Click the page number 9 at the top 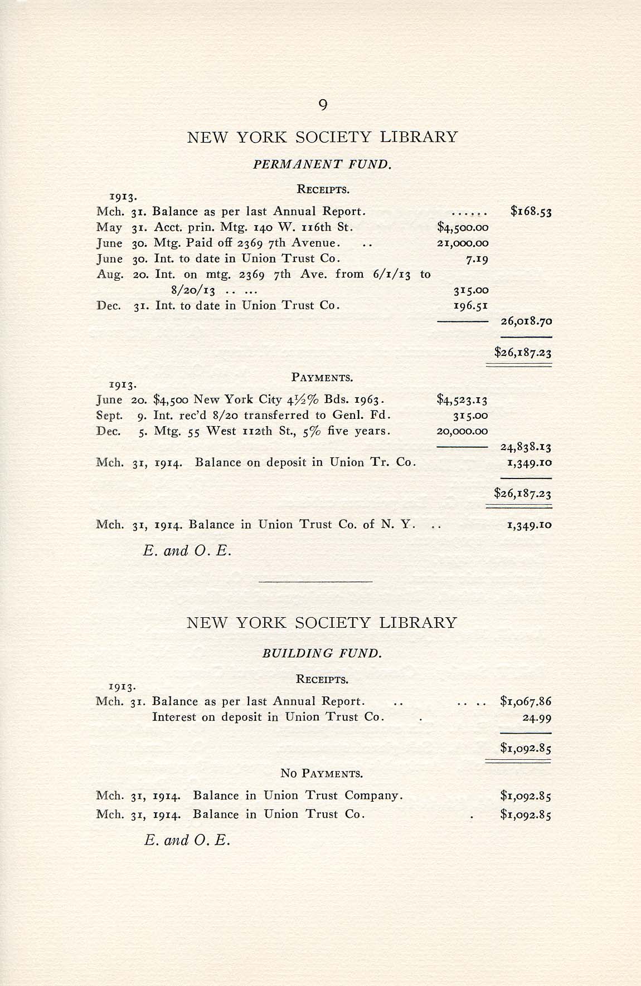pos(322,105)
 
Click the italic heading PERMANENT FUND pos(322,164)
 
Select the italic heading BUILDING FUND pos(322,653)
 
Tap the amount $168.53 pos(531,212)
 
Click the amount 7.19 pos(478,258)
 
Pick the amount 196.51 pos(471,305)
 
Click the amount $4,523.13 pos(463,399)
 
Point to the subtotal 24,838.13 pos(526,447)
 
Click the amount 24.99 pos(537,717)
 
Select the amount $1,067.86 pos(526,701)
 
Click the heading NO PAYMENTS pos(322,774)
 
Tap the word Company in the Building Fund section pos(372,795)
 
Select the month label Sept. pos(109,416)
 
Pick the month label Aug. pos(109,275)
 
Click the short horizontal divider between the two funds pos(315,582)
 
